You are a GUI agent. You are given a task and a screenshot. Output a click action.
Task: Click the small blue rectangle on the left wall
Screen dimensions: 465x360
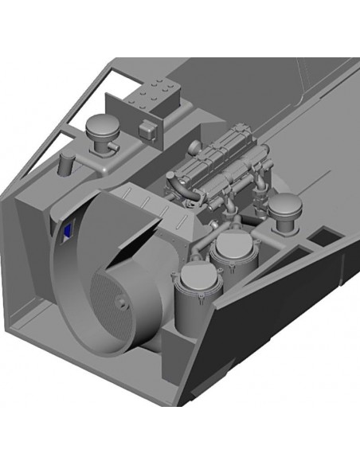(x=68, y=231)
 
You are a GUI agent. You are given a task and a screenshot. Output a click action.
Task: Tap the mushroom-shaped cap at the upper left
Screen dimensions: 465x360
(x=101, y=126)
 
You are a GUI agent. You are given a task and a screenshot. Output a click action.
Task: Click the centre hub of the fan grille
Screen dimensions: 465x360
(x=119, y=303)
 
